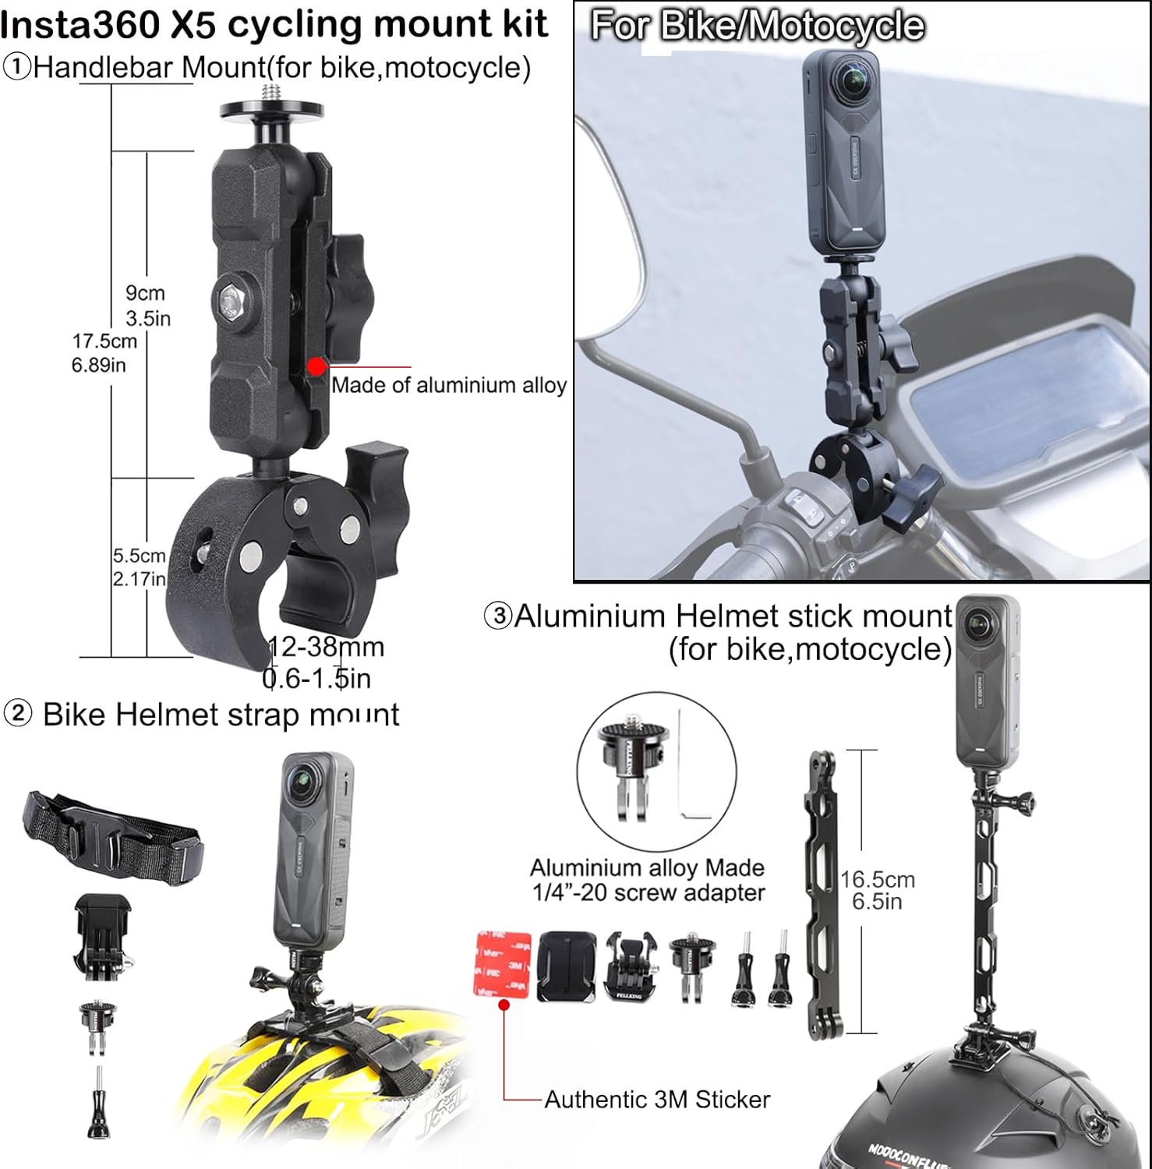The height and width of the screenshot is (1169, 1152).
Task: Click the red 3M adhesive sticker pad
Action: tap(502, 963)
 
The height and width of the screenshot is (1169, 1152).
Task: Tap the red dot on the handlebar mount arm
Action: tap(316, 366)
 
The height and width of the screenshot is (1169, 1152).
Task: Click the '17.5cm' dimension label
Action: tap(104, 341)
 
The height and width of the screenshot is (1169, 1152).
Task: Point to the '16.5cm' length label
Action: tap(878, 880)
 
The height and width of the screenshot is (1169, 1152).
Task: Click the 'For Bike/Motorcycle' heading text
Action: tap(757, 26)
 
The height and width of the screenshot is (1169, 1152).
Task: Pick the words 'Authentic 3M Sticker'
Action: tap(657, 1100)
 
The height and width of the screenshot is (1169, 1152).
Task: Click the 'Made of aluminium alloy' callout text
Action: tap(449, 385)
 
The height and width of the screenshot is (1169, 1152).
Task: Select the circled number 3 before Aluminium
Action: tap(499, 616)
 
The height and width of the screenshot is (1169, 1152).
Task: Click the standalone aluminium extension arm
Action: tap(823, 896)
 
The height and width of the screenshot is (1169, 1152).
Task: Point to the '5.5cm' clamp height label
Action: tap(139, 556)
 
